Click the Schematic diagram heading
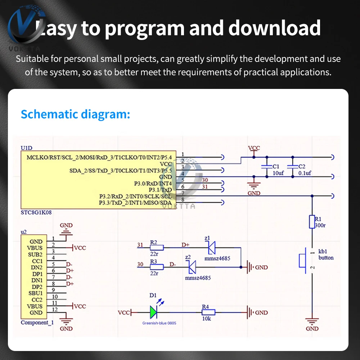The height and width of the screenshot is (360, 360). pyautogui.click(x=75, y=114)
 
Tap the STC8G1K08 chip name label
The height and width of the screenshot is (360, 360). pyautogui.click(x=36, y=212)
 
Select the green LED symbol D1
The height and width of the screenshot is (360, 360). pyautogui.click(x=153, y=312)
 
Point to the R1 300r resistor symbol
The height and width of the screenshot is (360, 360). pyautogui.click(x=312, y=222)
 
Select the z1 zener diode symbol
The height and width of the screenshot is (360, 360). pyautogui.click(x=211, y=247)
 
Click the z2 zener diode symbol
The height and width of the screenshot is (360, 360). pyautogui.click(x=192, y=267)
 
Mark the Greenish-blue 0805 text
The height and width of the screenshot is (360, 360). pyautogui.click(x=159, y=323)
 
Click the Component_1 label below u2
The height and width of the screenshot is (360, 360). pyautogui.click(x=37, y=323)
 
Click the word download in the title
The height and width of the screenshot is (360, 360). pyautogui.click(x=274, y=28)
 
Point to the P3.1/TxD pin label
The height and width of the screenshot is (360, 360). pyautogui.click(x=158, y=190)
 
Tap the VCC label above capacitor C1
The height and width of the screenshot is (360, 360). pyautogui.click(x=254, y=148)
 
